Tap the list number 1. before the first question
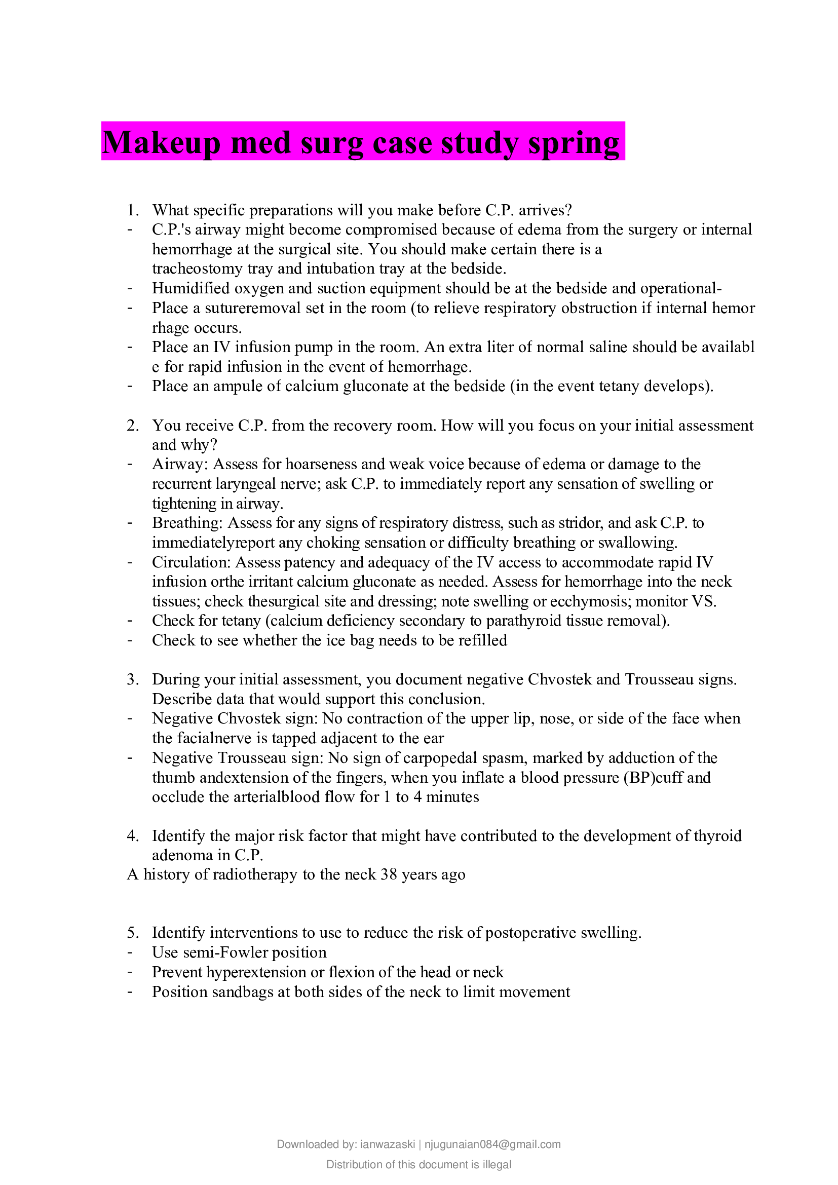(x=133, y=210)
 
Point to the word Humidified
(x=192, y=288)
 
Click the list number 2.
(x=133, y=425)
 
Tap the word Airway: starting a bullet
(x=180, y=464)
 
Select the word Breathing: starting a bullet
(x=187, y=523)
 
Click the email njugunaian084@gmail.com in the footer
(x=492, y=1144)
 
